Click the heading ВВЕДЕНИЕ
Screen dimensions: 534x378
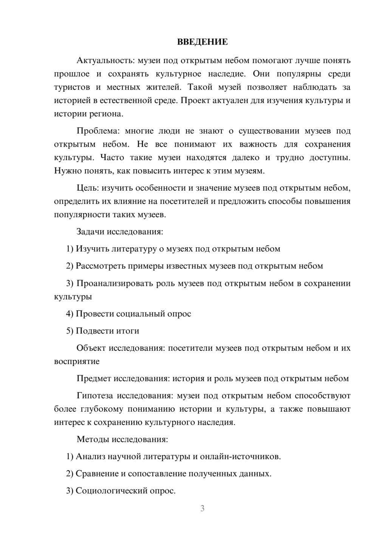[202, 42]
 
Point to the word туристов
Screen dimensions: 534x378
[72, 87]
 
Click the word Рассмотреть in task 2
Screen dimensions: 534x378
[101, 266]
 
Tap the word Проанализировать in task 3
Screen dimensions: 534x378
[115, 283]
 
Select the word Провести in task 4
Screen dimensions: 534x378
[94, 314]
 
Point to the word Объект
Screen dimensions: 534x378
[91, 348]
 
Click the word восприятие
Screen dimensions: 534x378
[77, 361]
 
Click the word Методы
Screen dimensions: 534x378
[91, 439]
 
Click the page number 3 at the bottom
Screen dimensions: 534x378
[202, 508]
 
